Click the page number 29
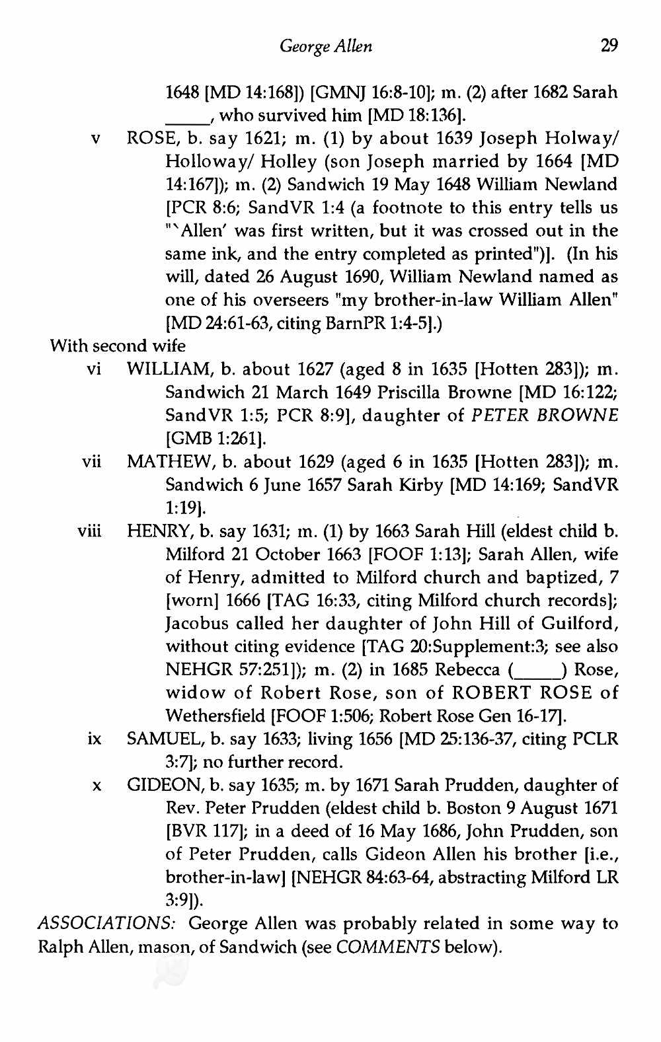coord(608,46)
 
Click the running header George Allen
coord(326,46)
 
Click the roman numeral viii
coord(90,531)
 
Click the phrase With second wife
coord(118,346)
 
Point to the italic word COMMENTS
coord(388,947)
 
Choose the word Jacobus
coord(196,624)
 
